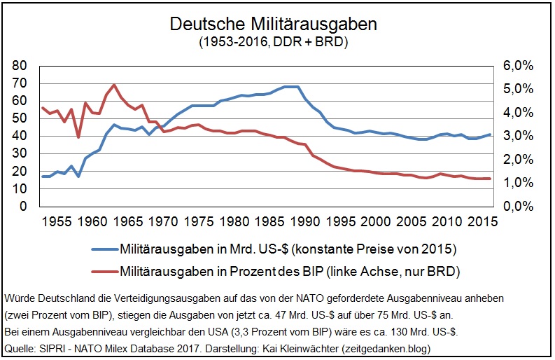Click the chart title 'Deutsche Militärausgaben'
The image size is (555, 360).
coord(274,24)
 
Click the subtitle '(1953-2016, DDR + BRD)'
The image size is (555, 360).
coord(274,41)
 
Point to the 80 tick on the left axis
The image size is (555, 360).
coord(19,66)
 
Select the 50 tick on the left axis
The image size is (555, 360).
coord(19,118)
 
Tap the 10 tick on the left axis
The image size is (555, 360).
coord(19,189)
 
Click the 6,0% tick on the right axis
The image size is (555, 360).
coord(517,66)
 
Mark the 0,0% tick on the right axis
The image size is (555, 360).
coord(517,207)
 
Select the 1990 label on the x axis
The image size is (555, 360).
coord(306,221)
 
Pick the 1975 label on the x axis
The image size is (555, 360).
coord(199,221)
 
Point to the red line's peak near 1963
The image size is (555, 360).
coord(113,85)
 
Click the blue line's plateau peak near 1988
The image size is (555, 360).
coord(291,87)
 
